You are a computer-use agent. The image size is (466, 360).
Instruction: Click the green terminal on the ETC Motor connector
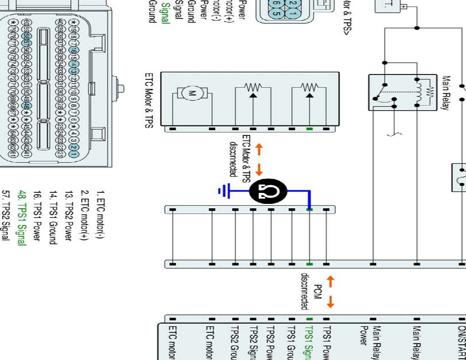click(309, 129)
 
